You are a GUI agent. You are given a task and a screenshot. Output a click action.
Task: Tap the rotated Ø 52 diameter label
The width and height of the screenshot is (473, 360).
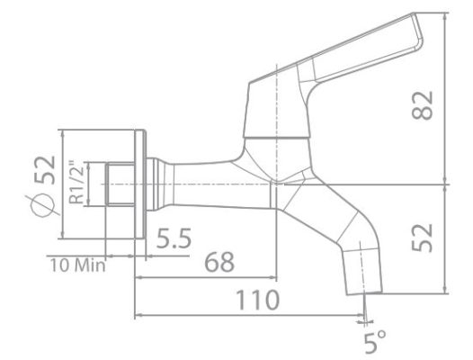coord(42,185)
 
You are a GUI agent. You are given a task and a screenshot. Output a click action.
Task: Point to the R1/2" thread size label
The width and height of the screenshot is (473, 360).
coord(80,184)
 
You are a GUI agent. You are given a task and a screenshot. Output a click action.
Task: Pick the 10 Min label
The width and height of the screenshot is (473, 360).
coord(76,265)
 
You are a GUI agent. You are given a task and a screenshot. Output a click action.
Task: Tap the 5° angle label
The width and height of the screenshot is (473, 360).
coord(375,340)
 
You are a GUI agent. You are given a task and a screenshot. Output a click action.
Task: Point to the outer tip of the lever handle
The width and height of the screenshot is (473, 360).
coord(415,31)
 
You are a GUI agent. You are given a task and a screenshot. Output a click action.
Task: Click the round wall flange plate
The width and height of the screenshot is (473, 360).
coord(142,184)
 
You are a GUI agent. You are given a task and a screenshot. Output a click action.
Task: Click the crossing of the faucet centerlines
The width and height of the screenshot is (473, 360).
coord(277,183)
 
